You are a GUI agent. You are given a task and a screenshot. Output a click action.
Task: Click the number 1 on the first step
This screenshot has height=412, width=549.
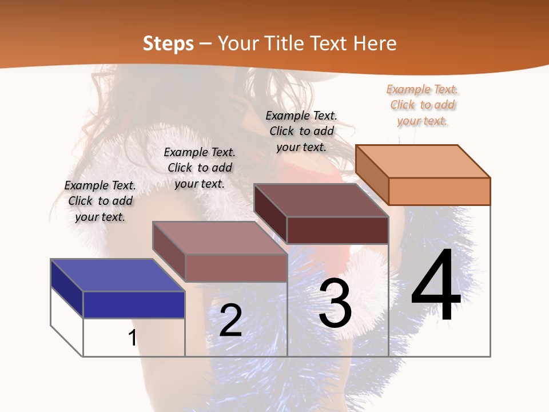[x=133, y=338]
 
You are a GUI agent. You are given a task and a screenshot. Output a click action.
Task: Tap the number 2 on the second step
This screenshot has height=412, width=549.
[x=230, y=320]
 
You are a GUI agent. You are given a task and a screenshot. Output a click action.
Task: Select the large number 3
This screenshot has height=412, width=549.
[x=335, y=303]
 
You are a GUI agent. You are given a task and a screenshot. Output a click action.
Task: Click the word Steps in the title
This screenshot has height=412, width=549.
[x=168, y=43]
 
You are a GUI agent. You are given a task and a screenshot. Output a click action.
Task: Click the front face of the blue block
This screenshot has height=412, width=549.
[x=134, y=304]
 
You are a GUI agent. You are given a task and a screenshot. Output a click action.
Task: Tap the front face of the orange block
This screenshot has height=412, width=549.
[x=439, y=191]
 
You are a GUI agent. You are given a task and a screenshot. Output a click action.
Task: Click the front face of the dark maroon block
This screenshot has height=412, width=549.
[x=337, y=230]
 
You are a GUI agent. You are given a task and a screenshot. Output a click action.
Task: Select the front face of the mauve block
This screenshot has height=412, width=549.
[x=236, y=268]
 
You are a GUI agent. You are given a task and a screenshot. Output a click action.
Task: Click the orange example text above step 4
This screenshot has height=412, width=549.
[x=422, y=105]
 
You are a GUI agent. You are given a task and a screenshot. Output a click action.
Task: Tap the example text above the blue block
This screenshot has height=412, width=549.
[x=100, y=201]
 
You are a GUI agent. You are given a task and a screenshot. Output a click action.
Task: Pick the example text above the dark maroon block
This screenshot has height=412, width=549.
[x=301, y=131]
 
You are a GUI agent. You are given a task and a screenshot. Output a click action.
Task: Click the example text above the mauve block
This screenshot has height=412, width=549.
[x=200, y=168]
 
